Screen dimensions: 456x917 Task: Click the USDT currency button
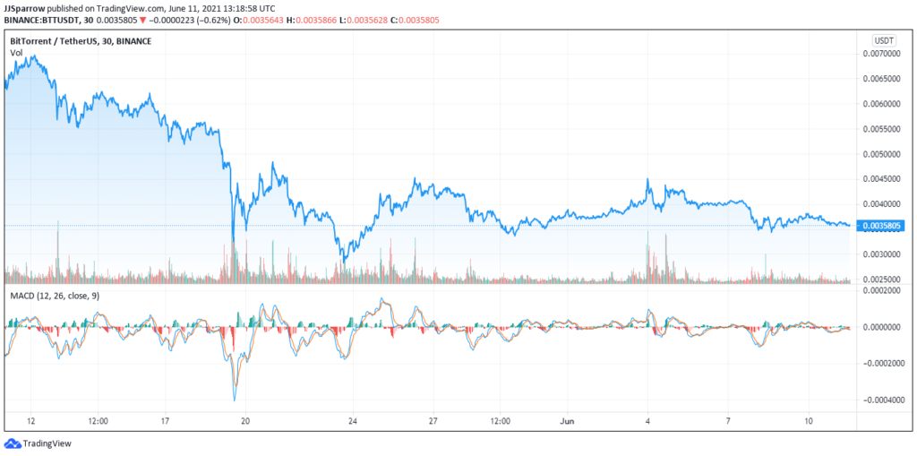coord(884,40)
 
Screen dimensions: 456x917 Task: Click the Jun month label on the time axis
coord(566,420)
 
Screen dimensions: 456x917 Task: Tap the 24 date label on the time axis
coord(353,420)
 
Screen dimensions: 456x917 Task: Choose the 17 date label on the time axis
coord(165,420)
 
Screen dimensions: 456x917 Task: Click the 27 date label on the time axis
coord(433,420)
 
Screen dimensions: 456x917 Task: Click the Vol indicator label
coord(16,54)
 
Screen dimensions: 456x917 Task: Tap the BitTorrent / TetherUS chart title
coord(81,41)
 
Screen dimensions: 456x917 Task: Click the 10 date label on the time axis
coord(808,420)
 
